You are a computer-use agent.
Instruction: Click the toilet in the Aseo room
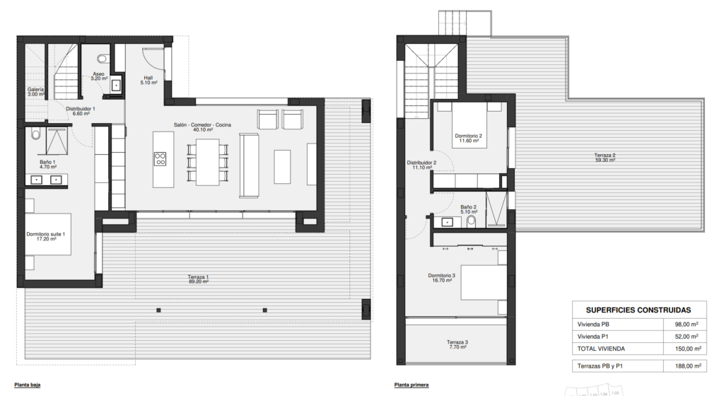[x=103, y=59]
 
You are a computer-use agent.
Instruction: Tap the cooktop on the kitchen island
[x=160, y=159]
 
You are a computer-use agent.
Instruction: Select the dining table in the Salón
[x=207, y=162]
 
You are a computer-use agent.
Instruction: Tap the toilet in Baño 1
[x=36, y=134]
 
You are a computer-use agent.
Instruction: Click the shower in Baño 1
[x=57, y=141]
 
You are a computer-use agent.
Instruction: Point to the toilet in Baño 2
[x=471, y=222]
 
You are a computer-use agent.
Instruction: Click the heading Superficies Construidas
[x=638, y=310]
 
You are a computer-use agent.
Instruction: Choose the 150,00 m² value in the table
[x=688, y=349]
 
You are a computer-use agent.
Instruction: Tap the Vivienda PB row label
[x=593, y=325]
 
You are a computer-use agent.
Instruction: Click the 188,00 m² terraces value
[x=688, y=366]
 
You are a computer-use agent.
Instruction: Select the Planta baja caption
[x=28, y=385]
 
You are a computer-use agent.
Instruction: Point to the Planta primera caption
[x=411, y=385]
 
